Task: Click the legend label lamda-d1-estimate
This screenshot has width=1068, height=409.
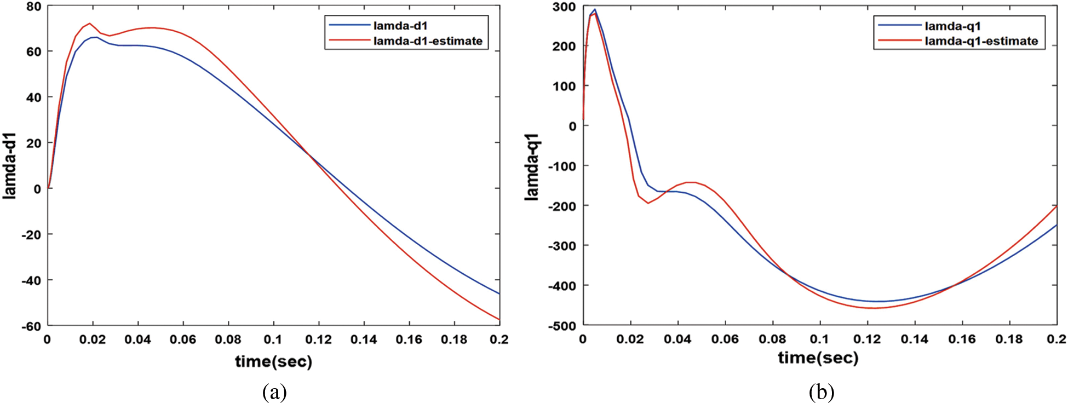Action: point(427,41)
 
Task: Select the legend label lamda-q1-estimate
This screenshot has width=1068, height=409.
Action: point(981,41)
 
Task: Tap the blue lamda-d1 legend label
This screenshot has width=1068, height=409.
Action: point(400,26)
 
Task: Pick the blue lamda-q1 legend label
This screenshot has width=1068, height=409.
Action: point(952,26)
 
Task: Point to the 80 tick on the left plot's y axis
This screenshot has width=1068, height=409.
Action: point(33,7)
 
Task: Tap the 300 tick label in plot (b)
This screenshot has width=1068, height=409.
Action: point(564,7)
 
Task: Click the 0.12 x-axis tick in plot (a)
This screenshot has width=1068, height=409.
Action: point(318,340)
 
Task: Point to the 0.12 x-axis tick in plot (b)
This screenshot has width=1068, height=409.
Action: point(867,340)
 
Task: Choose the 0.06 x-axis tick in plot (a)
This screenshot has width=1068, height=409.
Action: point(182,340)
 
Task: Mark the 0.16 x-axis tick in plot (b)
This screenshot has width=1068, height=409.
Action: point(962,340)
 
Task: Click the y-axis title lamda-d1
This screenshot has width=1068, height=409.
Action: point(10,165)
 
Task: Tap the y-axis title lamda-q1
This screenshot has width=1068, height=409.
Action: point(532,166)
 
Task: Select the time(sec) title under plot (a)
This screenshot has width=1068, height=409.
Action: point(273,361)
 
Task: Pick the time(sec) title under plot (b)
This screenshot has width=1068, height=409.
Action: point(818,358)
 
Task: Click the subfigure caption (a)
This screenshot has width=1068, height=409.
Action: point(274,392)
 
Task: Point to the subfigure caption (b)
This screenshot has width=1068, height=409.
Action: point(821,392)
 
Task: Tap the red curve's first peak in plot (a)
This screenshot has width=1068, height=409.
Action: point(89,24)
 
